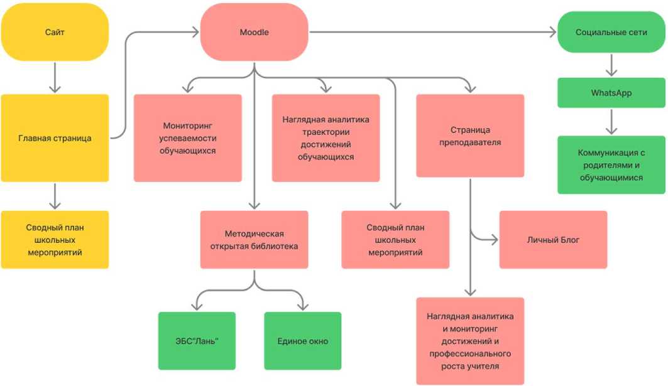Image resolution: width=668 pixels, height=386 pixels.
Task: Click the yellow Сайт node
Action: tap(55, 32)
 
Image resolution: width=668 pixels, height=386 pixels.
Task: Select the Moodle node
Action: tap(254, 32)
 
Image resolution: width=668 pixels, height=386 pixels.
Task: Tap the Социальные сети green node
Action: tap(611, 32)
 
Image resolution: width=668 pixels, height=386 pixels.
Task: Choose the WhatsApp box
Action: tap(611, 93)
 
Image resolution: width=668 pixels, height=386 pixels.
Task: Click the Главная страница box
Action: tap(55, 138)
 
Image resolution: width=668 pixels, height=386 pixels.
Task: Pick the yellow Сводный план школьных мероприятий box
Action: tap(55, 240)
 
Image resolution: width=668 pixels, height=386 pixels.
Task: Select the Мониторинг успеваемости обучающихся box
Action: tap(187, 138)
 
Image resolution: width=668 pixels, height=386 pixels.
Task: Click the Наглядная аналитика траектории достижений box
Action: tap(326, 138)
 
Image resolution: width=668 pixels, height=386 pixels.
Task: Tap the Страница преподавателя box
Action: tap(470, 136)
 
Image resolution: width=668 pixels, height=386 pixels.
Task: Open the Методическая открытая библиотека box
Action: tap(254, 240)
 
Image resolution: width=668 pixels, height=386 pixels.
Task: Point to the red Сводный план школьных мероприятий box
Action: tap(395, 240)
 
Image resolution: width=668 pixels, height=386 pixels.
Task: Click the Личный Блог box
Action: tap(553, 240)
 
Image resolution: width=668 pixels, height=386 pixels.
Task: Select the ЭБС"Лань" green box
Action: tap(197, 341)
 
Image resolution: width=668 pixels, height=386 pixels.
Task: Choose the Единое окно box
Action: tap(302, 341)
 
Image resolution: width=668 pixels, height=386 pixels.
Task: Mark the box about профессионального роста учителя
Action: tap(470, 341)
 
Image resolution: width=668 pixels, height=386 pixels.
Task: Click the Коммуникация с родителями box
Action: tap(611, 164)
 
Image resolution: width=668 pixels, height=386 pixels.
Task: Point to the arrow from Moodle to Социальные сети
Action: tap(434, 32)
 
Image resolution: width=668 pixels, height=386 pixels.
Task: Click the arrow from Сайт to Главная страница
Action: tap(55, 77)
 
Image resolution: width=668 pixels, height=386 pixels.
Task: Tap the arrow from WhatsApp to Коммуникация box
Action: tap(611, 122)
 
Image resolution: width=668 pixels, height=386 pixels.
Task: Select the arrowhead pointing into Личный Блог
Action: tap(494, 239)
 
